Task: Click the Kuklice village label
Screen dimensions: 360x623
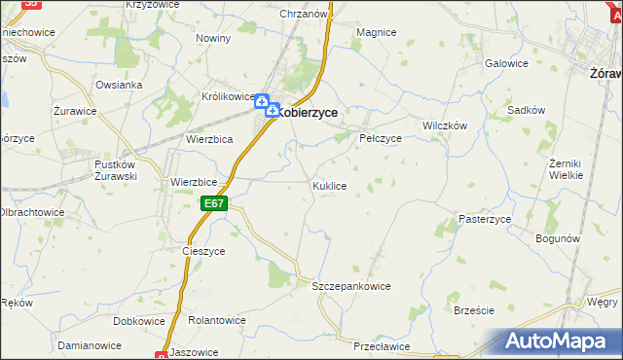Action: pos(329,185)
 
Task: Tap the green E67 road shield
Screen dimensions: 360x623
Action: pos(215,203)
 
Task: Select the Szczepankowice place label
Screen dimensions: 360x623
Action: pos(350,287)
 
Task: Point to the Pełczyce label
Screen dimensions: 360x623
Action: pos(381,139)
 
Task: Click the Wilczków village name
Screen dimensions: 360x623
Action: pos(445,126)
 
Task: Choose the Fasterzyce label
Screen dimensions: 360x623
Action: pos(485,220)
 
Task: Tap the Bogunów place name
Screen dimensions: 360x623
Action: pos(558,238)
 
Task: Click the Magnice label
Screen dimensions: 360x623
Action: pos(376,32)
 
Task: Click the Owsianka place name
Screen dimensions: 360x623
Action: pos(119,85)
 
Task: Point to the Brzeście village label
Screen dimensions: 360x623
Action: pos(474,310)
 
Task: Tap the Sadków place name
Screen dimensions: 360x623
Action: pos(526,111)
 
